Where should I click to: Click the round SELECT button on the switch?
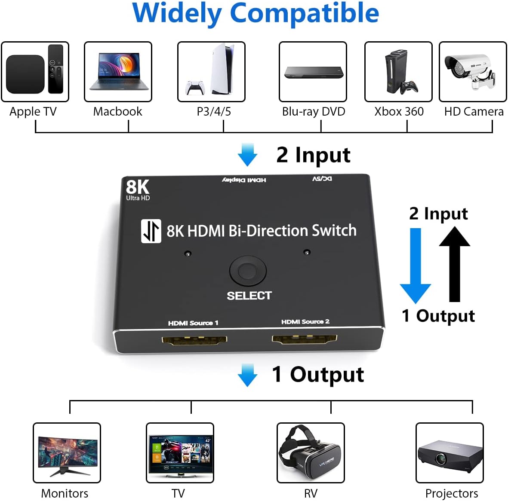click(x=248, y=271)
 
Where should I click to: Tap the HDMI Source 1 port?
click(x=194, y=341)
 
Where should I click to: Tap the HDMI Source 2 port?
click(x=304, y=339)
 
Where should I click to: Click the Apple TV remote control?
click(x=55, y=69)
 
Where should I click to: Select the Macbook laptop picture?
click(x=118, y=72)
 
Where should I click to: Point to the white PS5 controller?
click(x=195, y=88)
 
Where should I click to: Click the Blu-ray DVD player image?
click(x=314, y=73)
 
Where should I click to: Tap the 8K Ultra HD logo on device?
click(x=138, y=189)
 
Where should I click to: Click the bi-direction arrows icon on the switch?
click(x=151, y=231)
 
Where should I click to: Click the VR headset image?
click(x=310, y=453)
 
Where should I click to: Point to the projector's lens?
click(x=440, y=459)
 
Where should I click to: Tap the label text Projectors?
click(x=451, y=493)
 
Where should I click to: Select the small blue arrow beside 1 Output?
click(x=247, y=375)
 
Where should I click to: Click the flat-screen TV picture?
click(x=180, y=454)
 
